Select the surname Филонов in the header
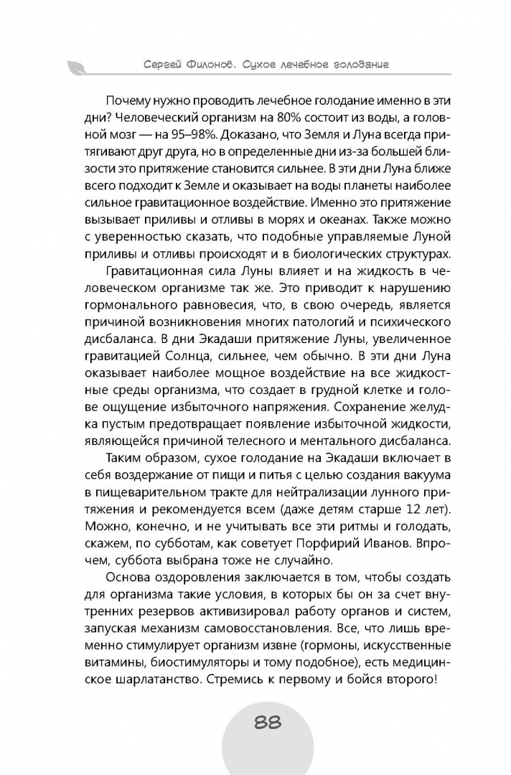[x=215, y=65]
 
